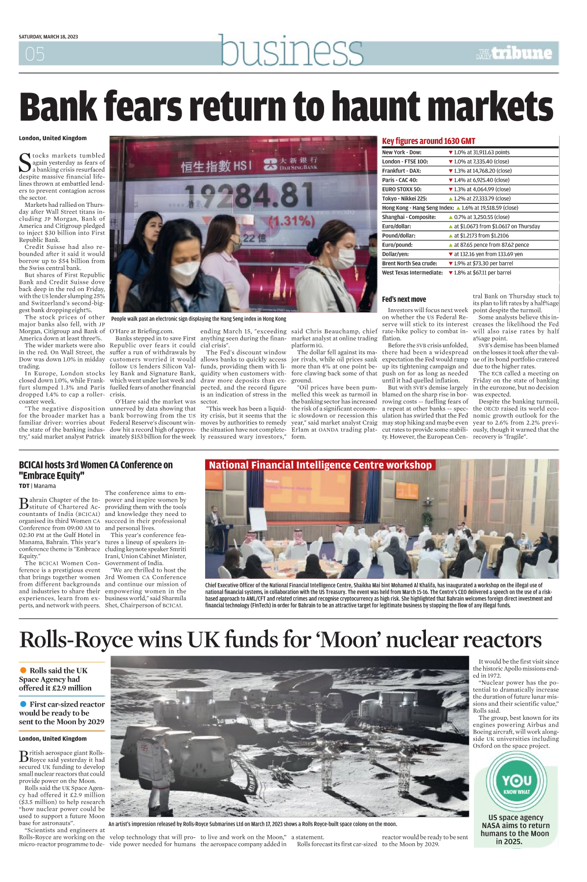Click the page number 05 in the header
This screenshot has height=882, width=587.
pyautogui.click(x=35, y=54)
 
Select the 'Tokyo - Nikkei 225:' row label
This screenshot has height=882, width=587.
pyautogui.click(x=405, y=198)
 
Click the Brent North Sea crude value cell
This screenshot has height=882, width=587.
pyautogui.click(x=484, y=263)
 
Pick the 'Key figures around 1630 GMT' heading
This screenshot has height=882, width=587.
pyautogui.click(x=428, y=141)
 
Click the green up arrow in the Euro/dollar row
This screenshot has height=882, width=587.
pyautogui.click(x=451, y=226)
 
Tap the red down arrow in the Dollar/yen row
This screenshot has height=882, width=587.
pyautogui.click(x=451, y=254)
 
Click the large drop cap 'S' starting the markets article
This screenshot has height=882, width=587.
pyautogui.click(x=25, y=162)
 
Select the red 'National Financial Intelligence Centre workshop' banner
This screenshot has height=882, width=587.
pyautogui.click(x=320, y=465)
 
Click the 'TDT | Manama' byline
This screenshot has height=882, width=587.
pyautogui.click(x=37, y=486)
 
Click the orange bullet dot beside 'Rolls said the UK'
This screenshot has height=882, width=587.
pyautogui.click(x=23, y=670)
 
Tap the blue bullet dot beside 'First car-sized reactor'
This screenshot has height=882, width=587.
pyautogui.click(x=23, y=704)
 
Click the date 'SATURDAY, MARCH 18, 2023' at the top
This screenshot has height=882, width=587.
pyautogui.click(x=48, y=37)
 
